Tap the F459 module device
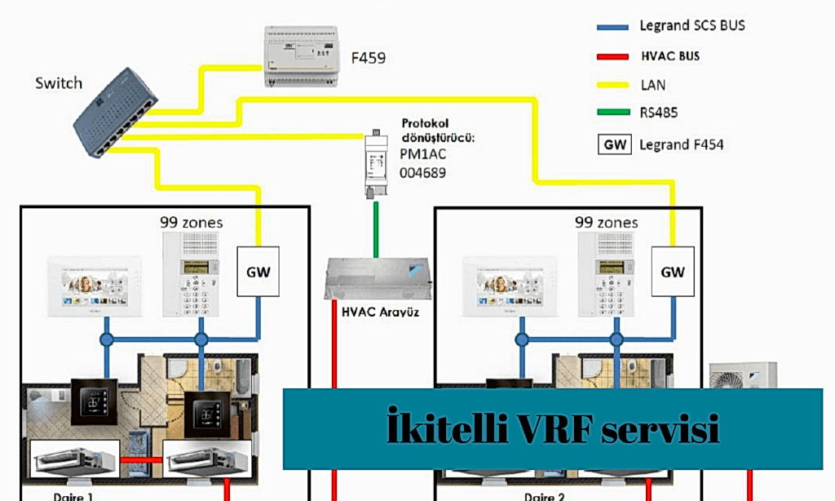coord(301,56)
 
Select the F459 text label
coord(368,59)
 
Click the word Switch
coord(59,83)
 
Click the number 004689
coord(423,173)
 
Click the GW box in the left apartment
coord(258,272)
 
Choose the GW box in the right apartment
coord(673,272)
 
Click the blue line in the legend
coord(613,27)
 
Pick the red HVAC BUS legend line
coord(613,56)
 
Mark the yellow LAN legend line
coord(613,85)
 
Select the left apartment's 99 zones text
coord(192,222)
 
